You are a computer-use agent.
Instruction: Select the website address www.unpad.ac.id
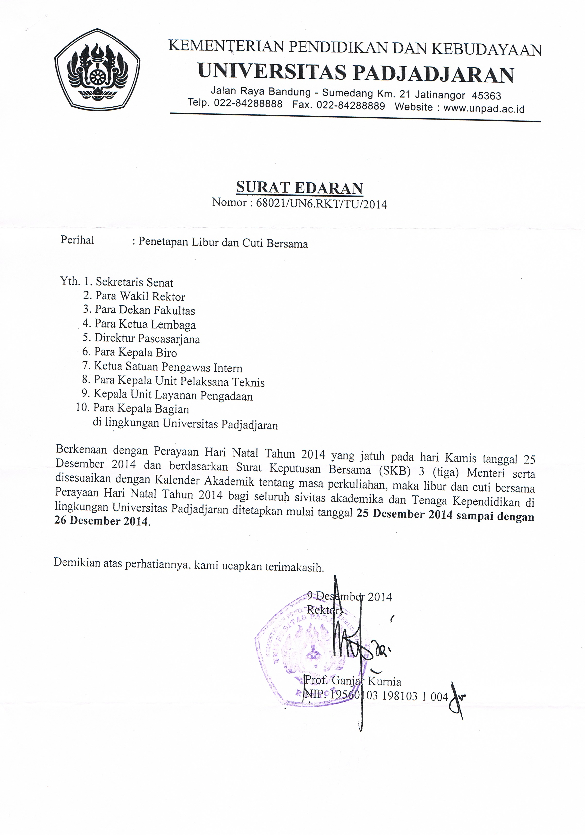coord(483,108)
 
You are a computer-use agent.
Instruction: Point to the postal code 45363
coord(486,96)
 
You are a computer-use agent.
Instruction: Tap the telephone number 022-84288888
coord(248,104)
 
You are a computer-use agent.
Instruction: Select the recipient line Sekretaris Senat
coord(134,283)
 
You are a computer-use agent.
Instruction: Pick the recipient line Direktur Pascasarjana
coord(147,339)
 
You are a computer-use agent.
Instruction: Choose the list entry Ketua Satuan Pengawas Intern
coord(168,367)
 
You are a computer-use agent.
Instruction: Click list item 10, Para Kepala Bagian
coord(141,409)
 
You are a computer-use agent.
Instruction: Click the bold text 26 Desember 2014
coord(102,521)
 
